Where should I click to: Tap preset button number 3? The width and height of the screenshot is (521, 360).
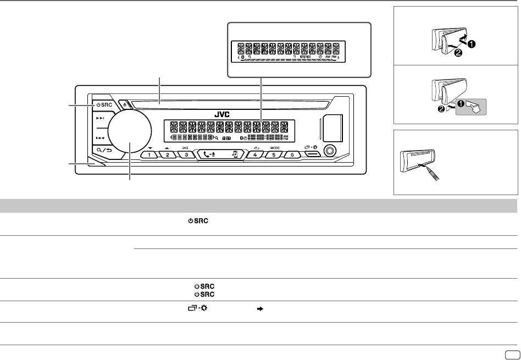[186, 154]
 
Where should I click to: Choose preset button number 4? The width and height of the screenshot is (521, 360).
[256, 154]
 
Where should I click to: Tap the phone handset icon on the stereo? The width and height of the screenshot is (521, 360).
[207, 154]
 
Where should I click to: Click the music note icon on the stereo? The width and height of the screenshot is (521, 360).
[234, 154]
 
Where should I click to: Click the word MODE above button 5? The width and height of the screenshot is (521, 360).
[275, 148]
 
